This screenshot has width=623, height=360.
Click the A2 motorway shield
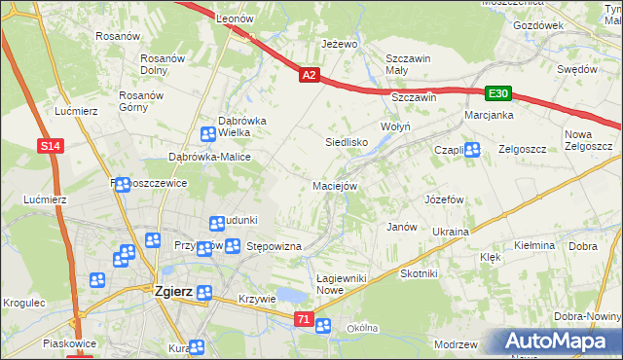click(x=309, y=74)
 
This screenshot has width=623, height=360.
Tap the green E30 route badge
click(x=498, y=93)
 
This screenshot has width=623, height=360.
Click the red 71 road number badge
click(x=304, y=319)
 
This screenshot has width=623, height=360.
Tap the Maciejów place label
click(x=336, y=186)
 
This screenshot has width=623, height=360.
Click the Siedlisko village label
click(x=346, y=142)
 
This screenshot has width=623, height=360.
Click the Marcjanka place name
click(x=489, y=115)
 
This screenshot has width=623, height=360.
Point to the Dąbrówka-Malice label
click(x=210, y=157)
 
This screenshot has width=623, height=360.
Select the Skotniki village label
click(x=419, y=274)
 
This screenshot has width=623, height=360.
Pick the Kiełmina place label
click(x=533, y=246)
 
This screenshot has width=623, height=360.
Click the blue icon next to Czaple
click(x=472, y=149)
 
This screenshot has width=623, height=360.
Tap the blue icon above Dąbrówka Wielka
click(x=209, y=135)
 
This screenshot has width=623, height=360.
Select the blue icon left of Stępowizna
click(x=233, y=246)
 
